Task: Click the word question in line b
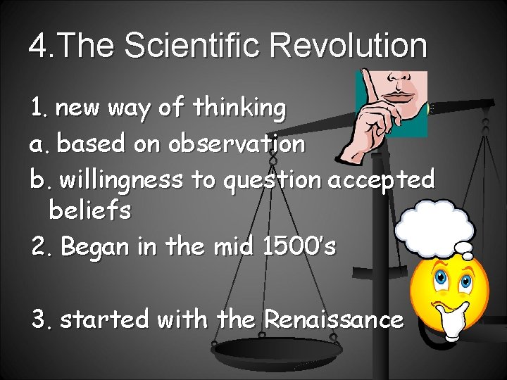(x=272, y=181)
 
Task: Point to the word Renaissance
(x=334, y=319)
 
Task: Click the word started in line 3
(x=106, y=320)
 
